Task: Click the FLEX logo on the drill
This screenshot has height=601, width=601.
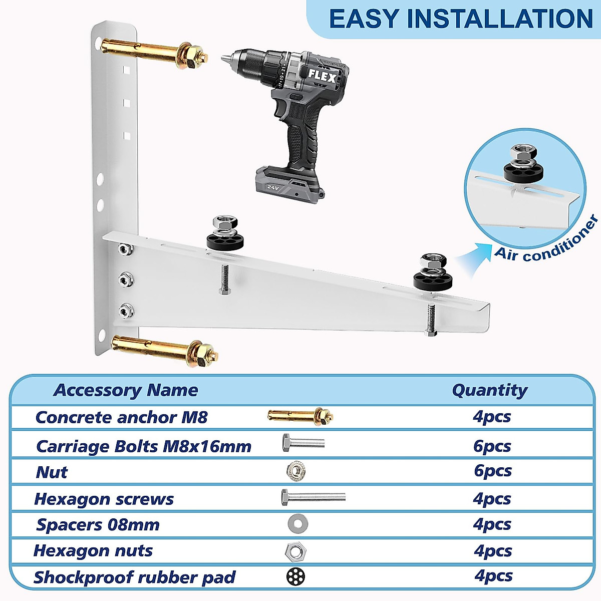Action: point(322,77)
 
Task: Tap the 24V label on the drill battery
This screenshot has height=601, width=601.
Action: point(272,187)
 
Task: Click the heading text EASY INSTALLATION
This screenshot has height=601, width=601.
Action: point(460,19)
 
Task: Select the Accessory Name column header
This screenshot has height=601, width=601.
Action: point(126,390)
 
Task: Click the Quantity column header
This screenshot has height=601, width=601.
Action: point(489,390)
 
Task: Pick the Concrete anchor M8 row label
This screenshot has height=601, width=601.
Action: point(121,417)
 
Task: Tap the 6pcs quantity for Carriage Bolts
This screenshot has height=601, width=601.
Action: point(492,446)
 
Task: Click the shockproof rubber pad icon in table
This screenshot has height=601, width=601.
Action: point(296,576)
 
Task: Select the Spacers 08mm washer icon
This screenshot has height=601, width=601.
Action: point(297,524)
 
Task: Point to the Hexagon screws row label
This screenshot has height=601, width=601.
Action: point(104,499)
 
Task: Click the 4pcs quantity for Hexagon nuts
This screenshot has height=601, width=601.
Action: point(493,551)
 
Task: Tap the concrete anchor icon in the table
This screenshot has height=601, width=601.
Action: point(300,416)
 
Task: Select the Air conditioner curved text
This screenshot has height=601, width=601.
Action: point(546,240)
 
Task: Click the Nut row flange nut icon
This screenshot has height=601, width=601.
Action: point(296,471)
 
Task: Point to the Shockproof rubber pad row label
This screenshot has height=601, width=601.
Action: point(134,577)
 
